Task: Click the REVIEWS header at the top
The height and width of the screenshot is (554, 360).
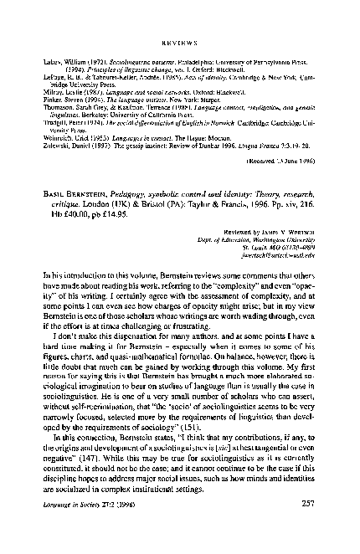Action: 179,38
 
